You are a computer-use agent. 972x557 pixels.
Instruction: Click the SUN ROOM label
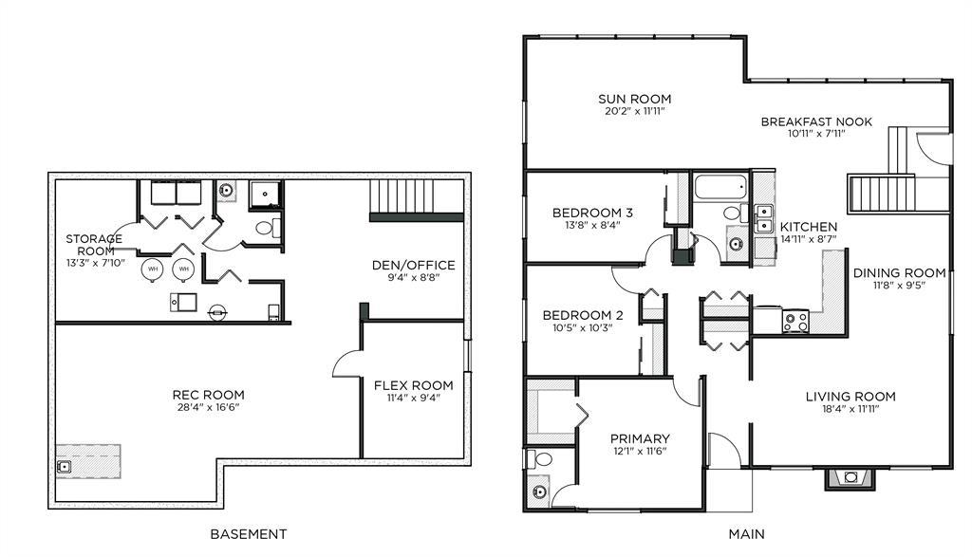pos(634,99)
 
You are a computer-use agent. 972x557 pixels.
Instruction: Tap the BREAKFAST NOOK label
pos(816,122)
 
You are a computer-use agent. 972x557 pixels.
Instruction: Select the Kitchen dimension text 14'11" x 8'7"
pos(809,239)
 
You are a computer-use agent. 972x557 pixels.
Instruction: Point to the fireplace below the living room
pos(850,477)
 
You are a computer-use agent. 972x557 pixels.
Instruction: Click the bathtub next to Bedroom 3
pos(720,187)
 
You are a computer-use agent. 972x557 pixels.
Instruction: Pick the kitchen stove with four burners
pos(795,322)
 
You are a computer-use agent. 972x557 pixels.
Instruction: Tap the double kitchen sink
pos(764,218)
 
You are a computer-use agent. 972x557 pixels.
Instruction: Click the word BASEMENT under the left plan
pos(248,534)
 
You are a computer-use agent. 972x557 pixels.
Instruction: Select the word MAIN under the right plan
pos(746,534)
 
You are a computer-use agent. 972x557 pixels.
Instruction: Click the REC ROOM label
pos(208,395)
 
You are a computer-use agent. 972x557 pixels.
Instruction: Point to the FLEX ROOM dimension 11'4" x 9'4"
pos(414,398)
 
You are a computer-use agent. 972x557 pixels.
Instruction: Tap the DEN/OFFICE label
pos(414,265)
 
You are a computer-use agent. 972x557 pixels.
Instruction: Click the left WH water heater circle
pos(153,269)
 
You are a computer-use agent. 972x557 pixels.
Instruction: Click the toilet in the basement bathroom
pos(267,228)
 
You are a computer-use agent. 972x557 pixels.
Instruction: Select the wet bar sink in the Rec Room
pos(64,467)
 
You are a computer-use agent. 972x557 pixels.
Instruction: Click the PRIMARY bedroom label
pos(640,438)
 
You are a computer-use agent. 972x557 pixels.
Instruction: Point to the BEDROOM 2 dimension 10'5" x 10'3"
pos(583,327)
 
